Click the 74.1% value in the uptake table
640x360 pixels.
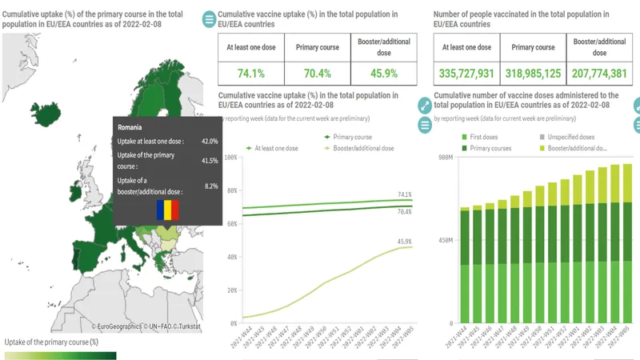[251, 73]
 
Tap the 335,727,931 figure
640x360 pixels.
[468, 73]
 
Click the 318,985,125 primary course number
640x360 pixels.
[534, 73]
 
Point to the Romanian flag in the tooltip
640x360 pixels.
[168, 210]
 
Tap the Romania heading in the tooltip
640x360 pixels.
[130, 127]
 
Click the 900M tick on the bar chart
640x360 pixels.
[445, 157]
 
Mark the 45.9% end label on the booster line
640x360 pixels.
[404, 241]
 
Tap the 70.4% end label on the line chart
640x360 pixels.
[404, 212]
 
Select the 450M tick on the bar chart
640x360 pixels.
[445, 240]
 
